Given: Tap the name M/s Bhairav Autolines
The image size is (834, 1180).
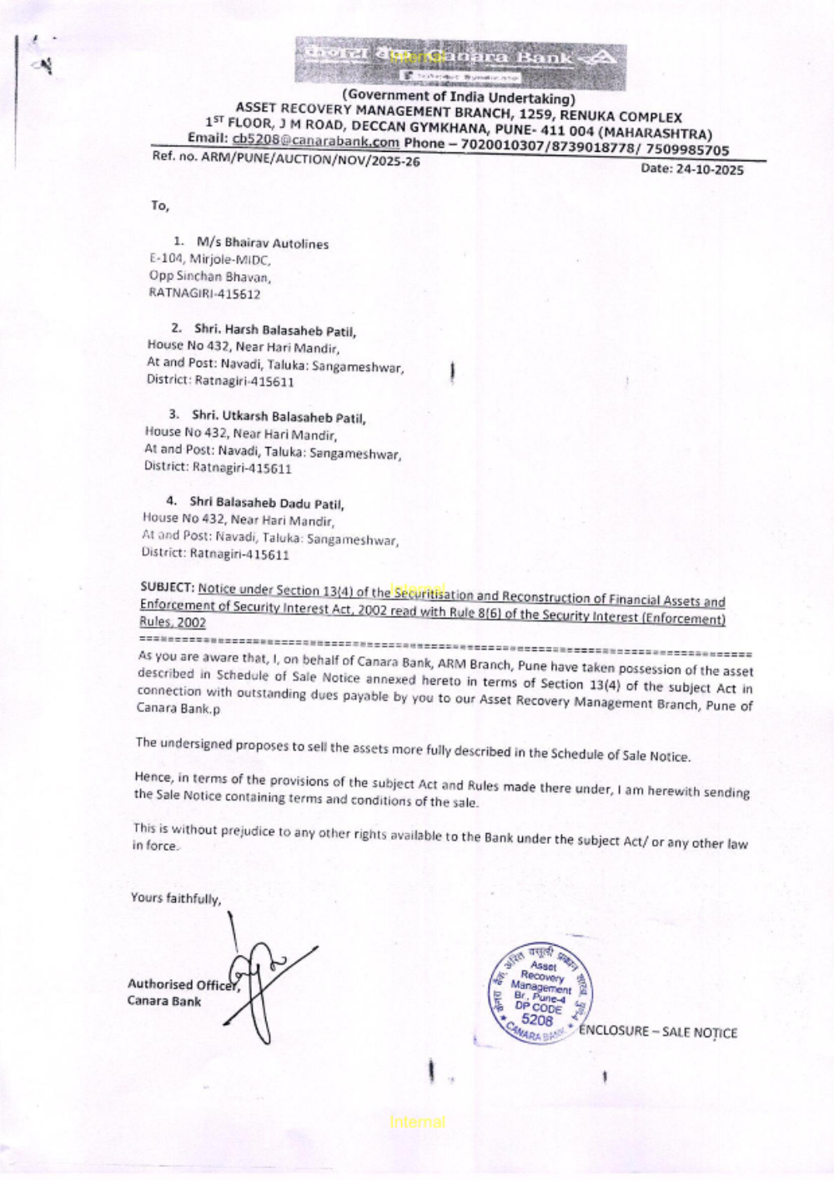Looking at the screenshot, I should pos(263,244).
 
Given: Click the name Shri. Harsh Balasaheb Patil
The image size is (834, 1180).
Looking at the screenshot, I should pos(275,330).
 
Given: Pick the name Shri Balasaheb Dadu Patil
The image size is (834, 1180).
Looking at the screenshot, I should pos(266,503).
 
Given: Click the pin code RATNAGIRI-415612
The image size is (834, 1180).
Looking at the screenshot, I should pos(204,294).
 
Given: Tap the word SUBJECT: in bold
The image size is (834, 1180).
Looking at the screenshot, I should pos(168,587).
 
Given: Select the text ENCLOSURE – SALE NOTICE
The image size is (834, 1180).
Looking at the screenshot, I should pos(658,1032).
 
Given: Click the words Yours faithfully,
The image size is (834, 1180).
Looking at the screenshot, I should pos(176,898).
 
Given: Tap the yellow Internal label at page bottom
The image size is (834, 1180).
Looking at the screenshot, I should pos(417,1122).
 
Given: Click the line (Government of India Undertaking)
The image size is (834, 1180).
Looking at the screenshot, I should pos(459,97).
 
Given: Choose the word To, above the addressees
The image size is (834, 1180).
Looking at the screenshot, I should pos(159,205).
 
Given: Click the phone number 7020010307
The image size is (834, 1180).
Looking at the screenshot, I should pos(499,145).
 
